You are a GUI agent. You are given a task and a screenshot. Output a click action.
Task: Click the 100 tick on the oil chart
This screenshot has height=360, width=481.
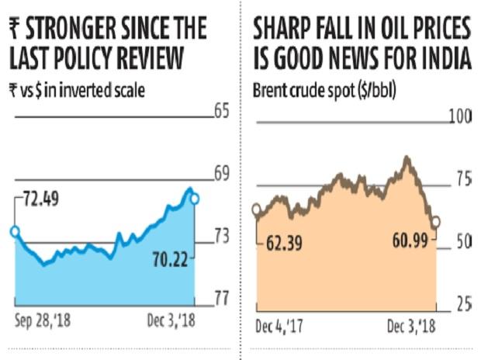(462, 117)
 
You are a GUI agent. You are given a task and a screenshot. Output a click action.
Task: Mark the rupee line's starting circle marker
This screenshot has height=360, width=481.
(14, 231)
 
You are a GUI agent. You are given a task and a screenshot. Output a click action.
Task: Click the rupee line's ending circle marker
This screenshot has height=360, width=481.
(194, 199)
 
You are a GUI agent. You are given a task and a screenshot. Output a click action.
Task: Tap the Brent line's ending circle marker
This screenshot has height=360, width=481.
(435, 223)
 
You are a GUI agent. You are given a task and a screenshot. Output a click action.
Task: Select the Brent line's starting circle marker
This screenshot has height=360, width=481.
(257, 209)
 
